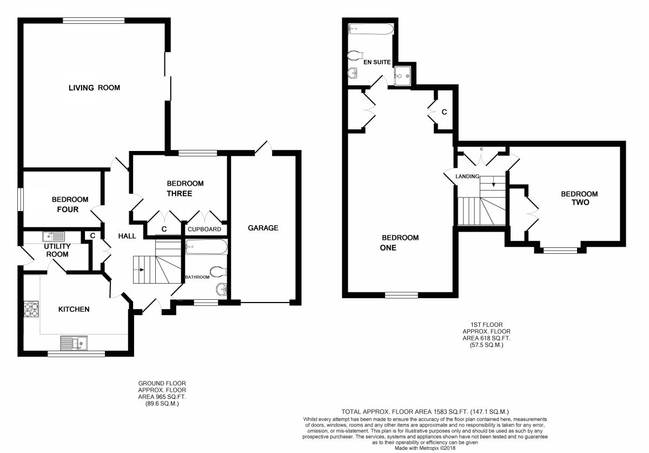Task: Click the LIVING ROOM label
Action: coord(94,88)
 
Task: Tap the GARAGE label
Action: coord(263,228)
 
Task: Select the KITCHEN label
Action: coord(74,309)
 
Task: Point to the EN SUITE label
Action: coord(377,62)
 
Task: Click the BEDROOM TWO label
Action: coord(579,198)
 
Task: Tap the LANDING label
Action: coord(467,176)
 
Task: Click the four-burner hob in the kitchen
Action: coord(31,310)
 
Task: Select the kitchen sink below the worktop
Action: coord(74,343)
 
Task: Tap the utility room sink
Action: coord(54,237)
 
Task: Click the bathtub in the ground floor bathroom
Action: coord(206,246)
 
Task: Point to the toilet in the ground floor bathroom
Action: coord(218,272)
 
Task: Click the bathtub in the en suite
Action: coord(371,29)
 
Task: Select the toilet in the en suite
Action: coord(355,55)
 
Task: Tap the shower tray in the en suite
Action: coord(402,76)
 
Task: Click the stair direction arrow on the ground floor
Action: coord(142,270)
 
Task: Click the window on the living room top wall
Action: coord(94,21)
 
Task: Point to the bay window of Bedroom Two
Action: coord(560,250)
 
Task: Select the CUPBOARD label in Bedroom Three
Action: coord(204,229)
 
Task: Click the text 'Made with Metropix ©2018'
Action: coord(425,448)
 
